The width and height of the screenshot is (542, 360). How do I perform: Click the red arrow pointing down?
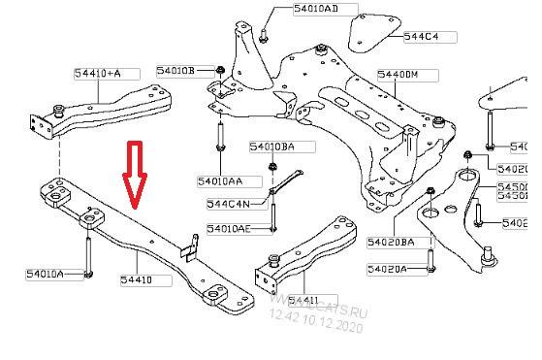(133, 175)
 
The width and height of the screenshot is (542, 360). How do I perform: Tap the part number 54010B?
(178, 71)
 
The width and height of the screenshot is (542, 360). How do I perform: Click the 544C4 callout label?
(421, 37)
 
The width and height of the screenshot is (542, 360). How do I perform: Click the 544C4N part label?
(229, 205)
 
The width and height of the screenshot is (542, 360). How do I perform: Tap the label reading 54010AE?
(229, 229)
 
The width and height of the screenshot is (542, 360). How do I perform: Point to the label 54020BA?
(391, 242)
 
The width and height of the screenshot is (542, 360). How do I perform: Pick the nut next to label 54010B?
(222, 70)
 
